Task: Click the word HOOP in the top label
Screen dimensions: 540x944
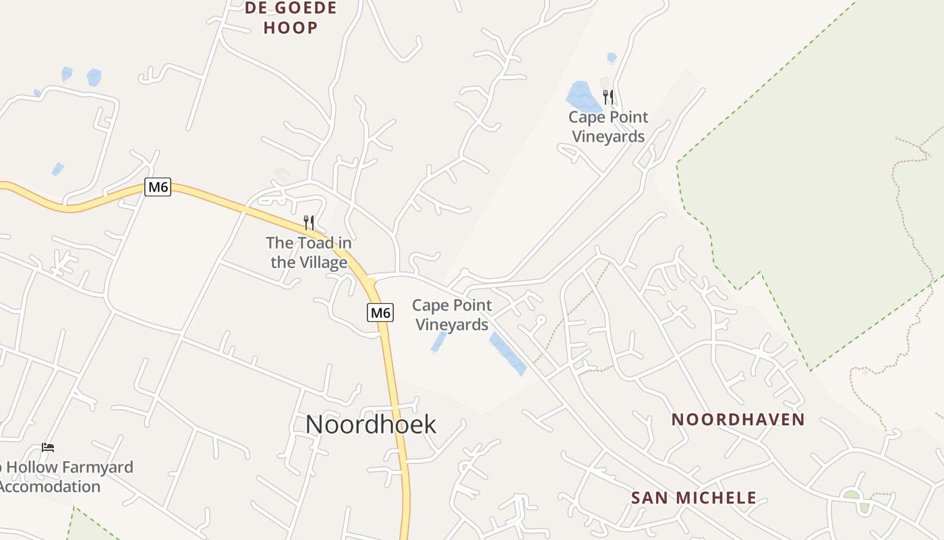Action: [x=291, y=28]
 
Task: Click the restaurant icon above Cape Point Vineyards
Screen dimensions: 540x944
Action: [x=608, y=97]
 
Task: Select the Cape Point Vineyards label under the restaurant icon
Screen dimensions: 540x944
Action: [x=608, y=127]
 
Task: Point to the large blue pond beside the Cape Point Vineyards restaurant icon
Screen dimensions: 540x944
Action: [x=581, y=97]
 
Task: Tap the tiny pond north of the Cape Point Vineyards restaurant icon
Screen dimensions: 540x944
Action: [x=612, y=58]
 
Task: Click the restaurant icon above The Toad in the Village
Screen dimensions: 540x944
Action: [x=309, y=222]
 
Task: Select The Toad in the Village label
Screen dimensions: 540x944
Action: [x=309, y=252]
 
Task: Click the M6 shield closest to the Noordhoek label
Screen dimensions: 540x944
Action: [x=380, y=313]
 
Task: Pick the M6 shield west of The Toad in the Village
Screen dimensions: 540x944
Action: [x=158, y=187]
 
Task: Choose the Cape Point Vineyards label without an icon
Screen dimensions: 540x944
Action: [x=452, y=315]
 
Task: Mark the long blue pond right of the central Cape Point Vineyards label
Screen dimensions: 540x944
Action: [x=508, y=353]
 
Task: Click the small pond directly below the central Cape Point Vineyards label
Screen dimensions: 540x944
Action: [x=438, y=342]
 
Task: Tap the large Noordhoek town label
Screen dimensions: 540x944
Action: [x=371, y=425]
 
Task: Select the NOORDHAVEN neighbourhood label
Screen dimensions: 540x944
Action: [x=738, y=420]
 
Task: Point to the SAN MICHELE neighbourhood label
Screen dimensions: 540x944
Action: [x=693, y=498]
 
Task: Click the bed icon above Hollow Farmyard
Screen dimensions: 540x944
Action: [x=47, y=448]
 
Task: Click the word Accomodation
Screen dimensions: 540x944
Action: [x=50, y=487]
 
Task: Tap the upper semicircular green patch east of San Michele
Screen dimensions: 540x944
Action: [x=852, y=495]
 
